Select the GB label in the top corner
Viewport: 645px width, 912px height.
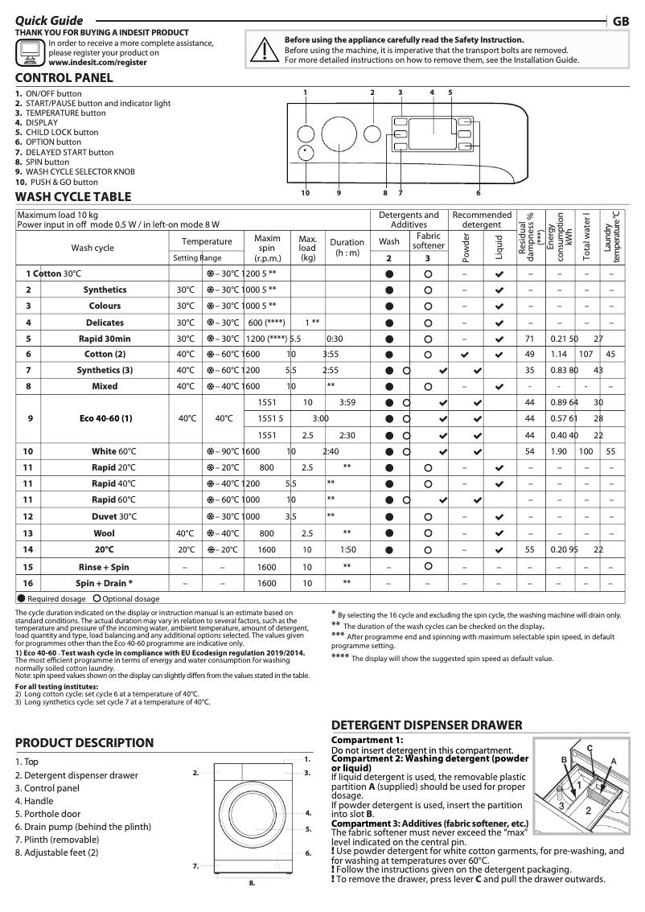pyautogui.click(x=621, y=22)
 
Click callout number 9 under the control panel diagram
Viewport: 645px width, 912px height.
pyautogui.click(x=339, y=193)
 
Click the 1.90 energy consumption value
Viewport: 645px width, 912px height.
pyautogui.click(x=558, y=451)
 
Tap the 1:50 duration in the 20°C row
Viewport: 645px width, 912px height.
pyautogui.click(x=347, y=549)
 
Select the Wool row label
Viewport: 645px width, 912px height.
pyautogui.click(x=105, y=533)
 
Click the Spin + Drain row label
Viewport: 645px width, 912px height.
pyautogui.click(x=105, y=582)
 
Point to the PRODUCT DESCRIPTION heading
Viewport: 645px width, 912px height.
pyautogui.click(x=84, y=742)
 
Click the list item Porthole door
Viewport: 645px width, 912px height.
pyautogui.click(x=47, y=814)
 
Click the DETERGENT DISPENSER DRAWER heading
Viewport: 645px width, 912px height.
pyautogui.click(x=427, y=725)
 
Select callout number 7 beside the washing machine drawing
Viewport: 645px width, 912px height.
pyautogui.click(x=195, y=866)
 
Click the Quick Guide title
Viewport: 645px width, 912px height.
pyautogui.click(x=49, y=20)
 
